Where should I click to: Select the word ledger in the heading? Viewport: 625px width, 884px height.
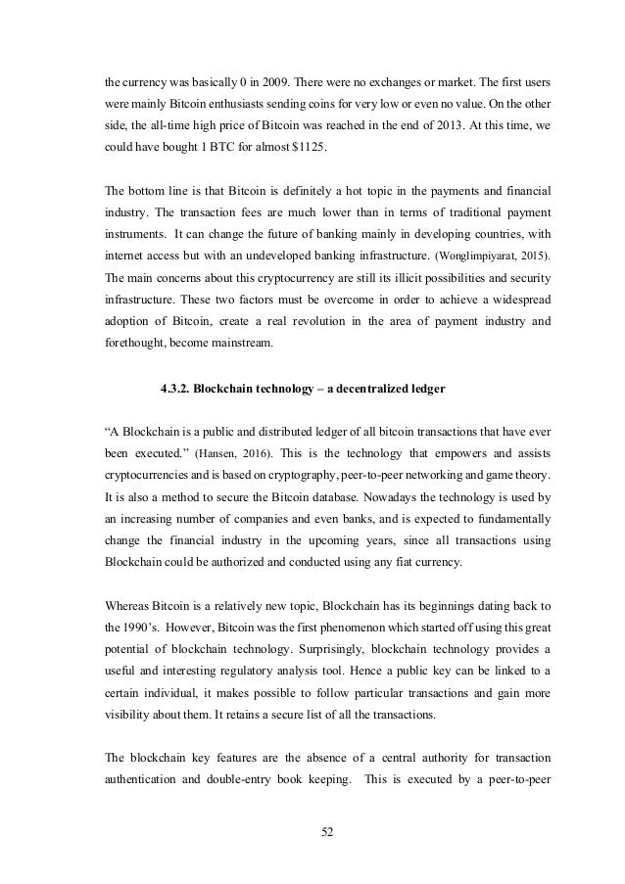425,390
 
